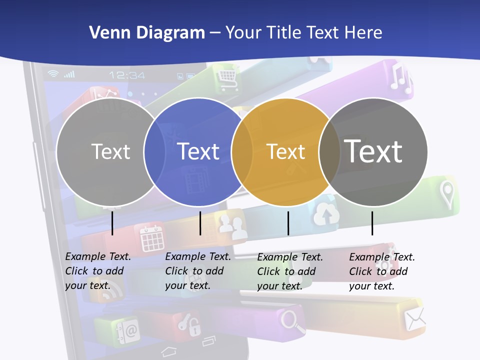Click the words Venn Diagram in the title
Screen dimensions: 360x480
click(147, 33)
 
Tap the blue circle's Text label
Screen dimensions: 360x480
click(198, 151)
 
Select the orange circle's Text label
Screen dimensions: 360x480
click(285, 151)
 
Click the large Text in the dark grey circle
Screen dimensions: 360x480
click(373, 151)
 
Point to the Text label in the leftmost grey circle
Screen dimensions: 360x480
click(110, 151)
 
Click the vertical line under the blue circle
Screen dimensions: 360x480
click(200, 223)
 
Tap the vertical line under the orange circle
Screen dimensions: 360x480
click(288, 223)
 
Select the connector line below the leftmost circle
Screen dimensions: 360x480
click(112, 223)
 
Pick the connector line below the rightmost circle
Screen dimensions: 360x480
click(372, 223)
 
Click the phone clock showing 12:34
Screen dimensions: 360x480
click(127, 75)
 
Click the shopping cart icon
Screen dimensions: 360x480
click(227, 76)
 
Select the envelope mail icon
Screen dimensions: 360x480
click(415, 318)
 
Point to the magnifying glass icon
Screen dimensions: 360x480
click(293, 321)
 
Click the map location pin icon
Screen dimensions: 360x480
click(446, 194)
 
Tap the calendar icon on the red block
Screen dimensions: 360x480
click(151, 237)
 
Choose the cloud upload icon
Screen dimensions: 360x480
click(326, 215)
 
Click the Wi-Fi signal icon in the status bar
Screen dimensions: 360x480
click(52, 74)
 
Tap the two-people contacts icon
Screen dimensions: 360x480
click(232, 226)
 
